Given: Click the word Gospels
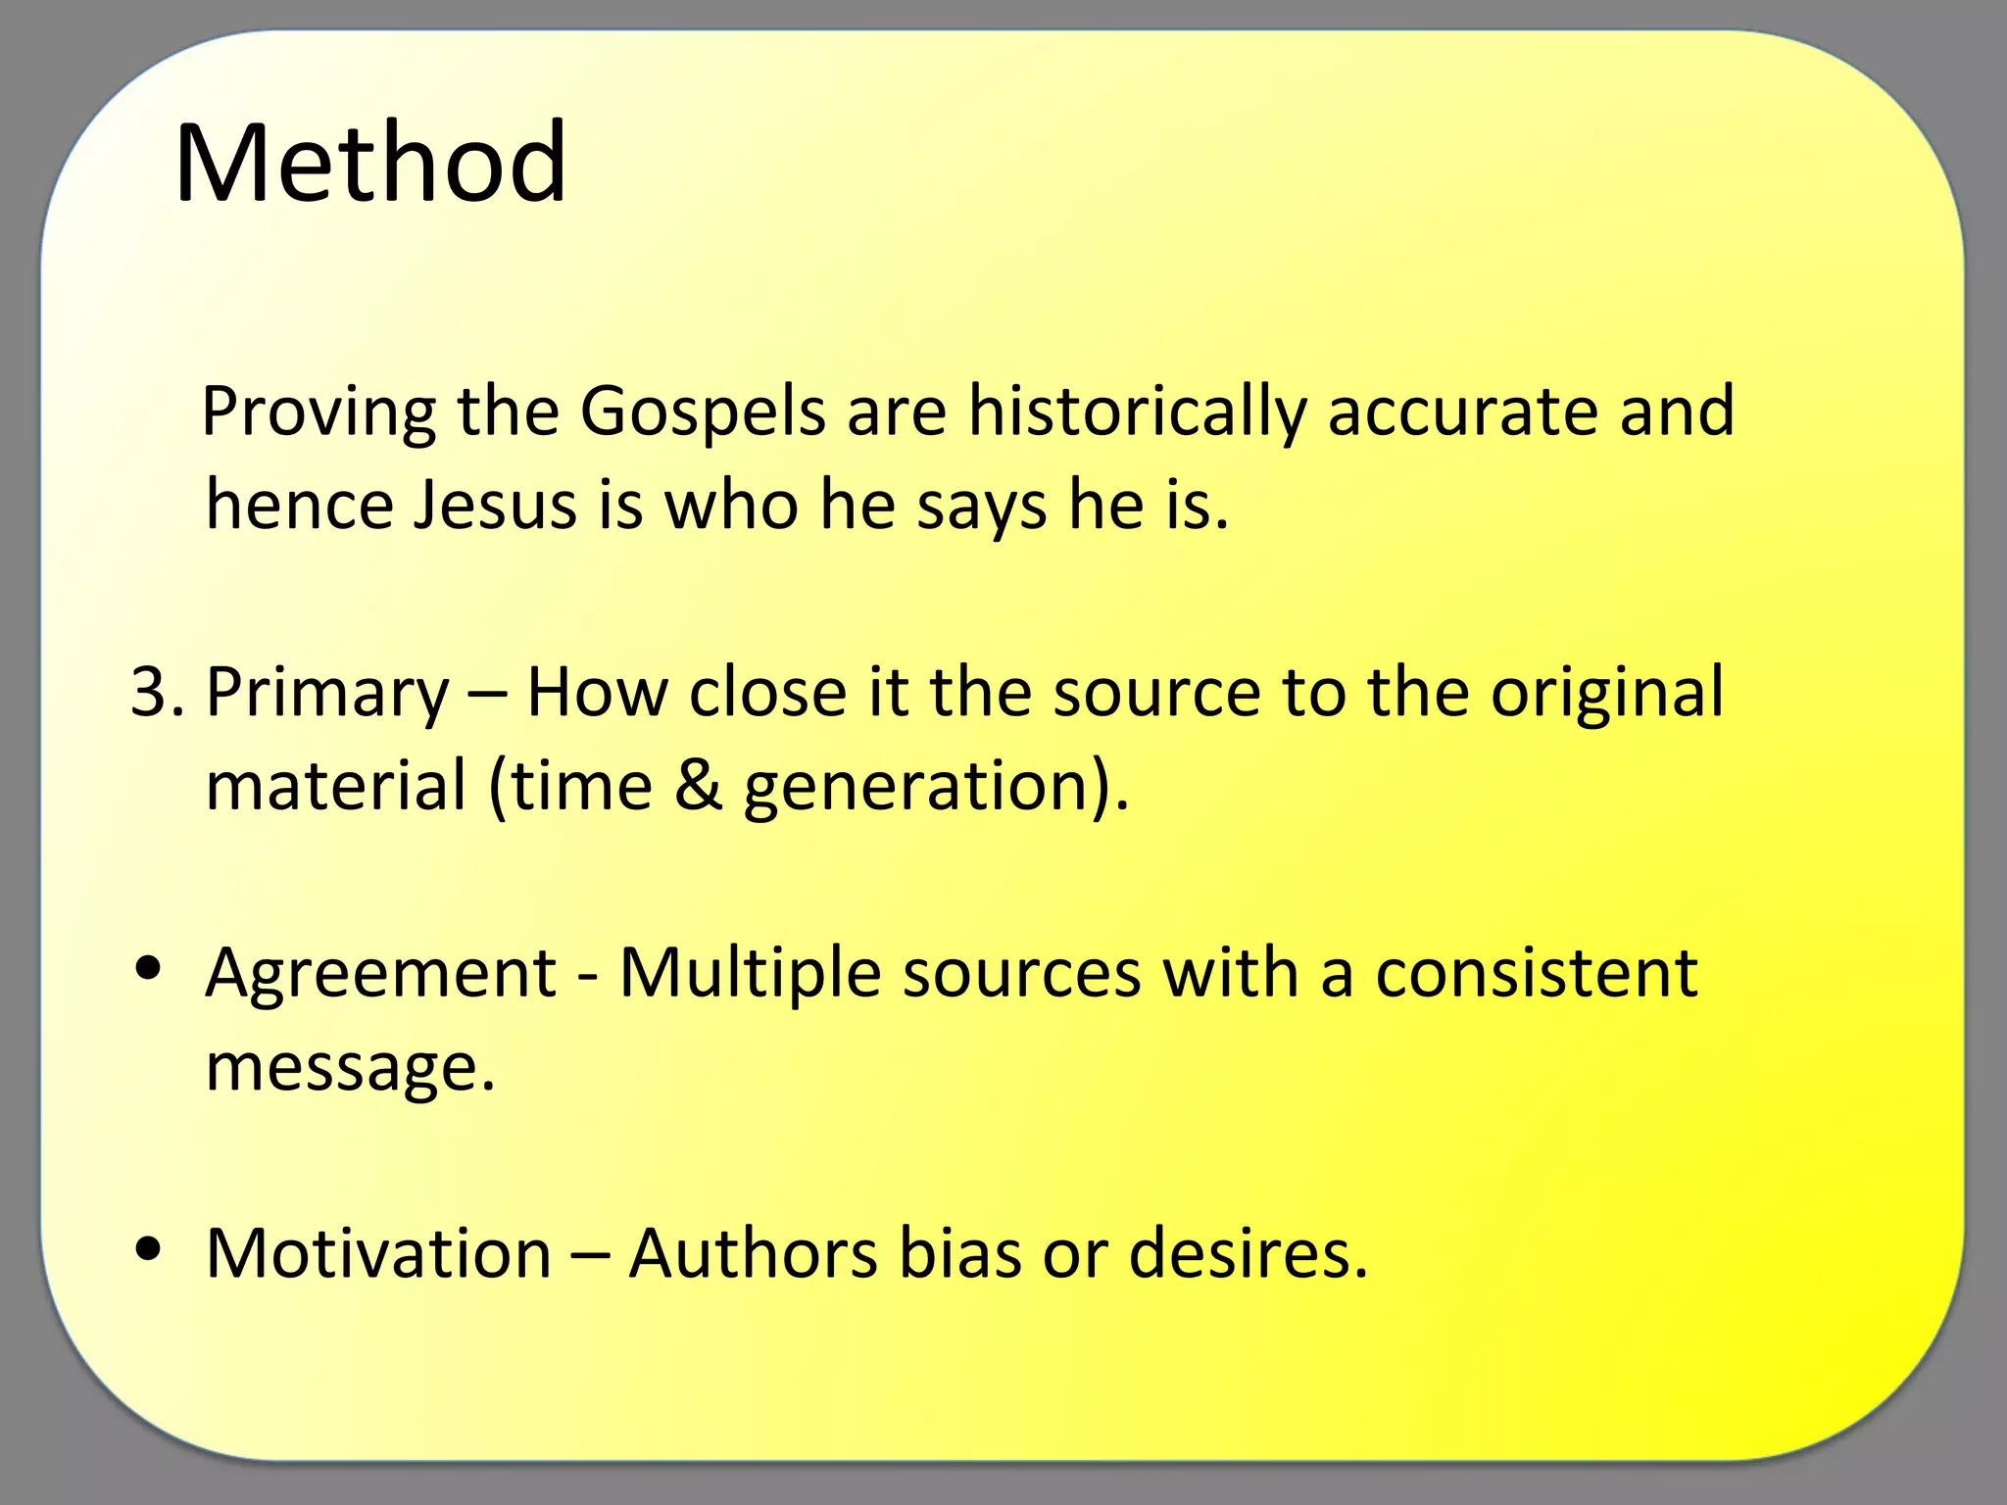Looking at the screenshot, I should tap(704, 412).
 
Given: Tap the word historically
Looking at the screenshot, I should tap(1137, 412).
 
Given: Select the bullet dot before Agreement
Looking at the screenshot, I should tap(149, 969).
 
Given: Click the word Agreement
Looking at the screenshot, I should tap(381, 974).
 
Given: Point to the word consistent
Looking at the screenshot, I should tap(1537, 974).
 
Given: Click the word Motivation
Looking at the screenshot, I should tap(379, 1253).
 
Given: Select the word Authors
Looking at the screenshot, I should tap(753, 1253).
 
